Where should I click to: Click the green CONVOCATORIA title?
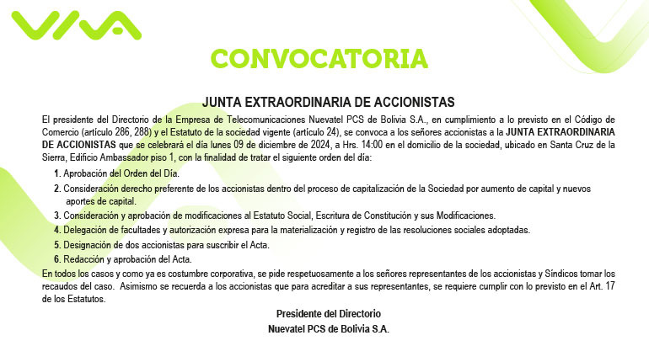(x=319, y=58)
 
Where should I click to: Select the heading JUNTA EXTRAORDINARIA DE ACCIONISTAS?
(x=328, y=102)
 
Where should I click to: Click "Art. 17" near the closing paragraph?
(x=596, y=288)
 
